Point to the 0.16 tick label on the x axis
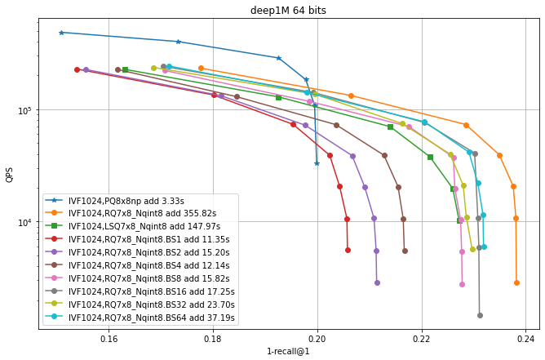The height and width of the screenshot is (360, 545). coord(109,338)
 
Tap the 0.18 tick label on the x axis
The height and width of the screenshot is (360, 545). coord(213,338)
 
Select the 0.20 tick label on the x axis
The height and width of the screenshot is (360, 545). coord(317,338)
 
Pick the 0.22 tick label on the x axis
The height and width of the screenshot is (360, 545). coord(422,338)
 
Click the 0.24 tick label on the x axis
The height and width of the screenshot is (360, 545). coord(526,338)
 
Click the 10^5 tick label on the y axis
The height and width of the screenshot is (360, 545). coord(25,110)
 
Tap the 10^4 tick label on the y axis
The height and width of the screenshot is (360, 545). coord(25,222)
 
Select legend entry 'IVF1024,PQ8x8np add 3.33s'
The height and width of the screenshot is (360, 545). coord(131,200)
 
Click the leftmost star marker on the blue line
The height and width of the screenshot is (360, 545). coord(61,33)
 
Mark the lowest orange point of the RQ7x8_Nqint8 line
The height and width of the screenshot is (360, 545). coord(516,282)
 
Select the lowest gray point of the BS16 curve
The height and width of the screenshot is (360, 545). coord(480,315)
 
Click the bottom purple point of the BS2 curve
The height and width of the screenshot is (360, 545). coord(377,282)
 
